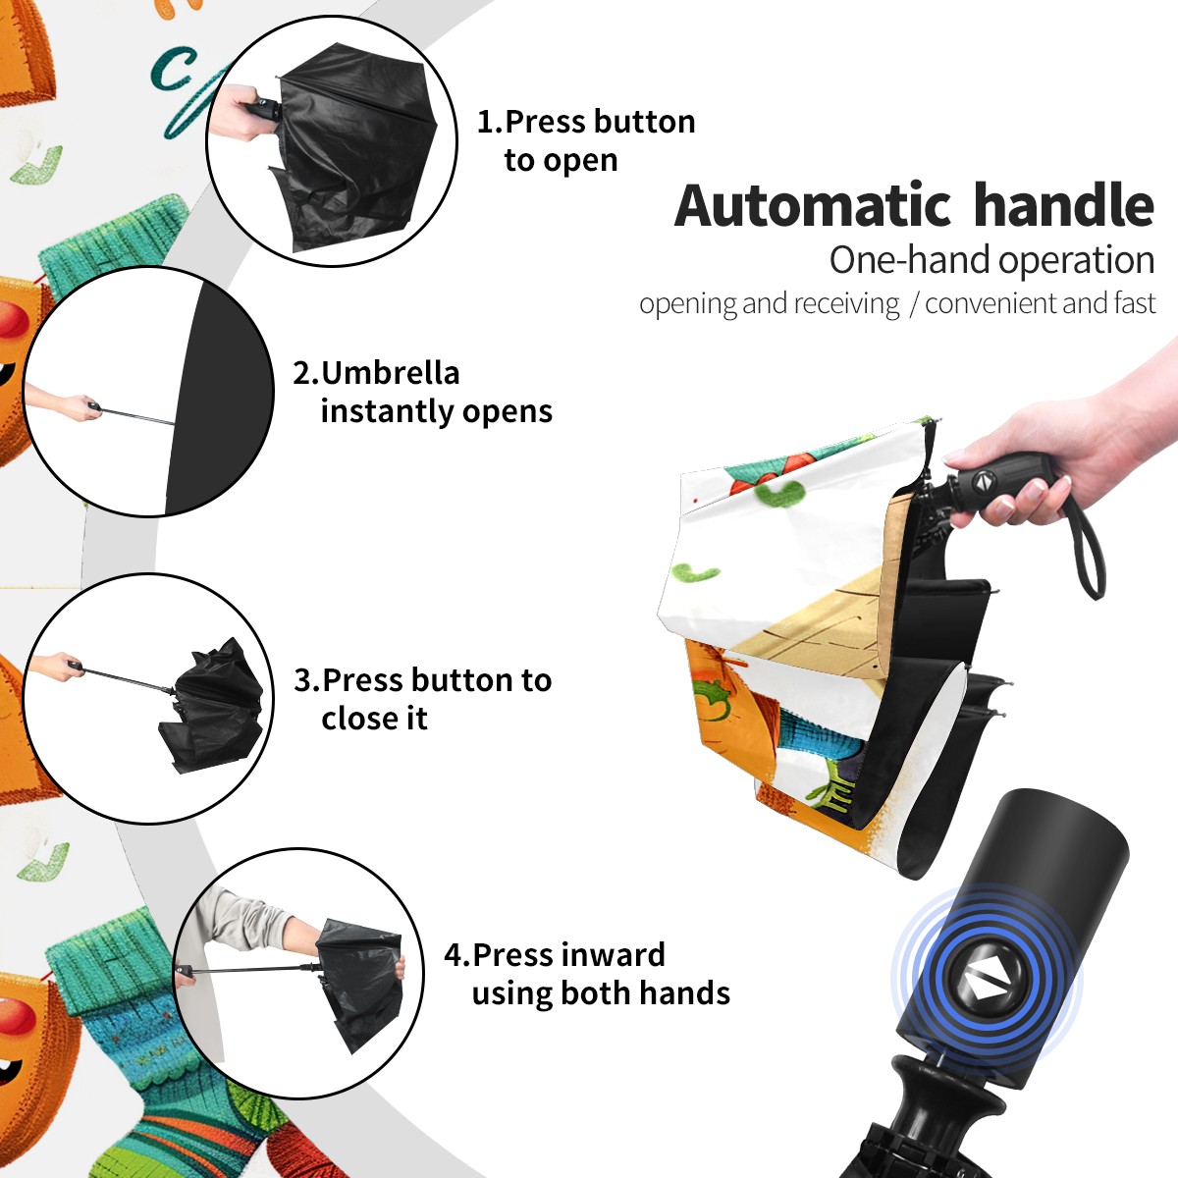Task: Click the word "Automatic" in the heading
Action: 813,206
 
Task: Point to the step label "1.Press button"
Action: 586,122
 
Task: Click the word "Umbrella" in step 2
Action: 390,373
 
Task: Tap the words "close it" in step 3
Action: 374,719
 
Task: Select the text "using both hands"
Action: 601,993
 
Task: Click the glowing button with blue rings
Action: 984,984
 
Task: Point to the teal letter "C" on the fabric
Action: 171,69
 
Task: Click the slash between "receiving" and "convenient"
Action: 913,304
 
